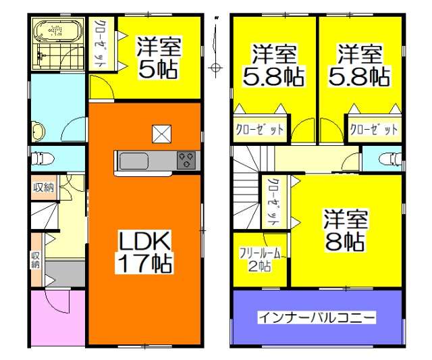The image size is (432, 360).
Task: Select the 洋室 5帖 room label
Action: pos(158,57)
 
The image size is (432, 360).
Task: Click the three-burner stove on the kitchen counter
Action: pos(187,161)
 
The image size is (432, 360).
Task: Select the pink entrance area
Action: pos(57,317)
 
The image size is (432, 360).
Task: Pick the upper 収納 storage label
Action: pos(43,188)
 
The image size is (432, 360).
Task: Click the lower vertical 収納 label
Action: pos(35,260)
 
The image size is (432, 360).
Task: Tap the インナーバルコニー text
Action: pos(317,317)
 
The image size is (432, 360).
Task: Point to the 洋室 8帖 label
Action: pos(345,230)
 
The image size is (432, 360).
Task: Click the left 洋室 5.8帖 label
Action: pos(274,65)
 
